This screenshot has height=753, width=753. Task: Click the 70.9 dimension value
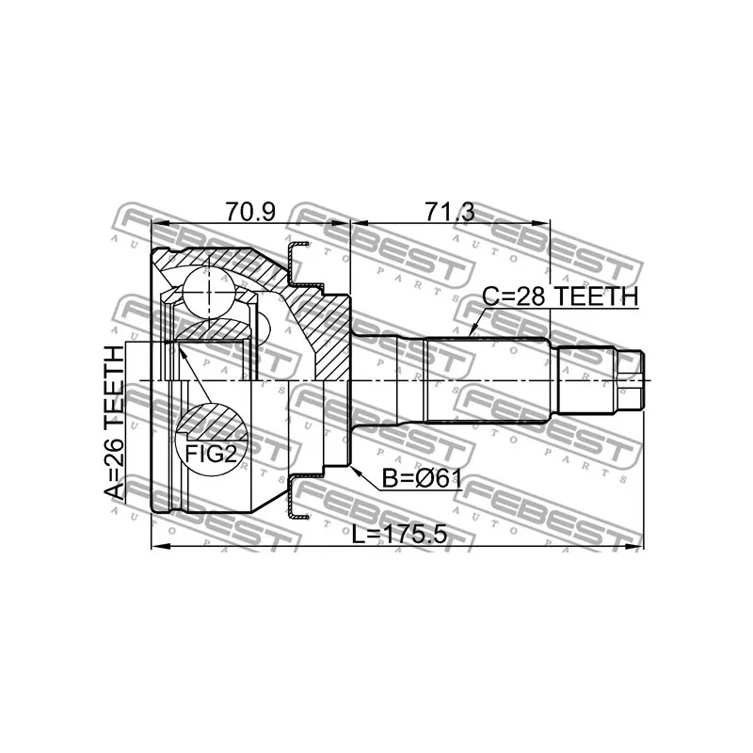[x=250, y=212]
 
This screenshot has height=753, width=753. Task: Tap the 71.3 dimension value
[x=450, y=212]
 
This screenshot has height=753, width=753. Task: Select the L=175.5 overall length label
[x=399, y=535]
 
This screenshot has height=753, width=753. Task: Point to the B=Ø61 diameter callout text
[x=422, y=478]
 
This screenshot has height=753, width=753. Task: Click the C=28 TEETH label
[x=560, y=296]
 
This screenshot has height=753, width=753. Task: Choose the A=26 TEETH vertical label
[x=114, y=423]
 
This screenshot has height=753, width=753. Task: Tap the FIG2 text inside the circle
[x=211, y=454]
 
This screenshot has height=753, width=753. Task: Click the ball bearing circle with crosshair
[x=209, y=293]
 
